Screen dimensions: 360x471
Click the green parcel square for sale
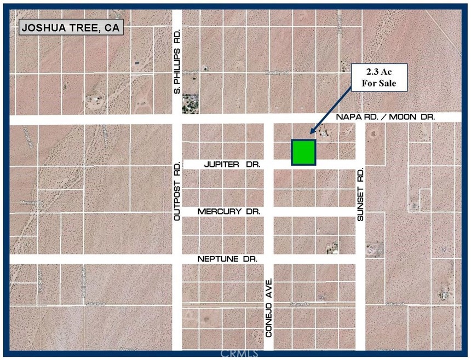(303, 152)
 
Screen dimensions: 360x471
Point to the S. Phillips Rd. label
(177, 61)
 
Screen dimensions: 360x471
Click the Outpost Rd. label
(177, 191)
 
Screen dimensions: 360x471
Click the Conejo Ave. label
(269, 306)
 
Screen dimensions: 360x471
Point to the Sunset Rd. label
(360, 194)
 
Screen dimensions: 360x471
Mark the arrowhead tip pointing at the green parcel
(311, 133)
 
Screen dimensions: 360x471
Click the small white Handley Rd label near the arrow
(276, 72)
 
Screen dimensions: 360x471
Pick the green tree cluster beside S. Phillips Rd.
(190, 102)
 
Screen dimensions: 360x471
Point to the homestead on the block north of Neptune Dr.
(331, 249)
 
